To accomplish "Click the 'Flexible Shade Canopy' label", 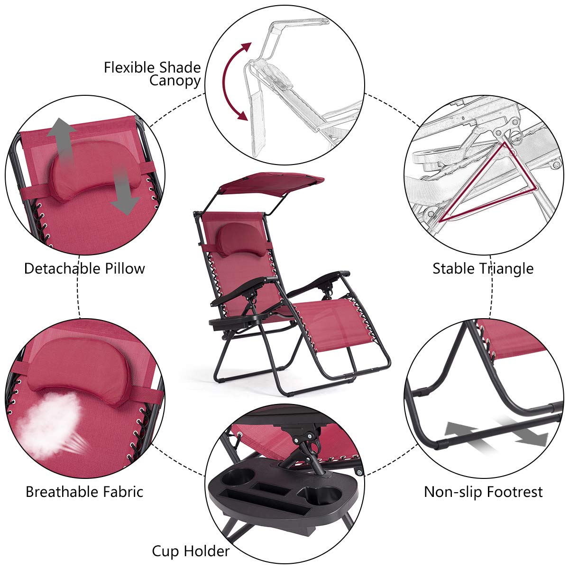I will pos(152,73).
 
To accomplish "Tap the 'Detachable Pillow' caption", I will pos(84,268).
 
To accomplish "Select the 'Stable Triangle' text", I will pos(483,268).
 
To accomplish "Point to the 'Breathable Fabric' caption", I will pos(84,492).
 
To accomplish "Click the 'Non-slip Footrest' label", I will pos(483,492).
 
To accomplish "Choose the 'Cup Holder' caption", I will pos(191,551).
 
